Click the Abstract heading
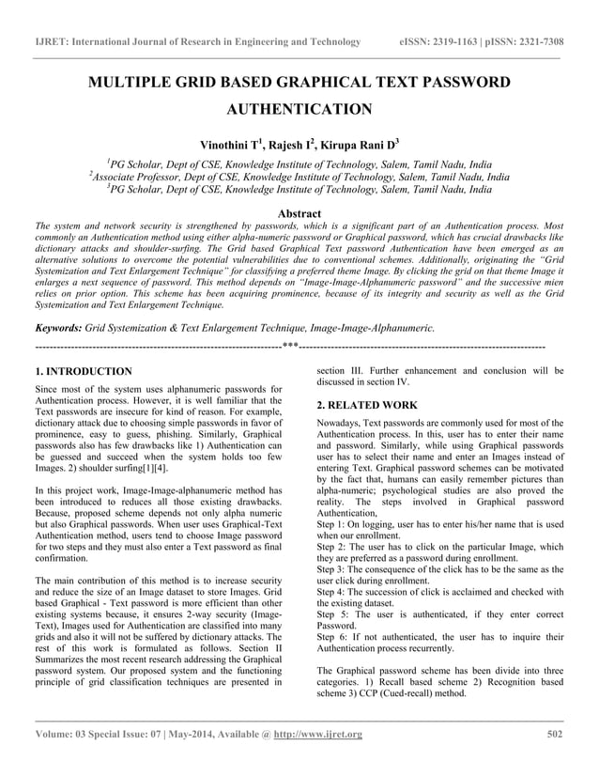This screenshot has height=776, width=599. [x=299, y=214]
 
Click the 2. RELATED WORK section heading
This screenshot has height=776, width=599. [x=367, y=405]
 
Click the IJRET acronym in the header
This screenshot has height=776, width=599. [x=52, y=42]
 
